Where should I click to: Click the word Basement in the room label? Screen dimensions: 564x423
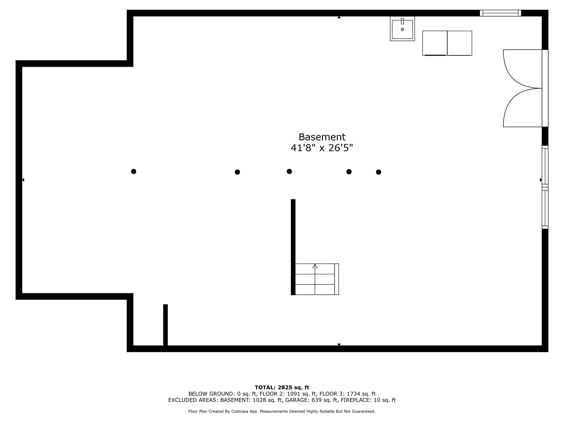pyautogui.click(x=322, y=137)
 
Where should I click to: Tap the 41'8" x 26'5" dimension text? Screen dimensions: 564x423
pyautogui.click(x=322, y=148)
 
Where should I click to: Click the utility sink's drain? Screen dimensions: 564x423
pyautogui.click(x=402, y=30)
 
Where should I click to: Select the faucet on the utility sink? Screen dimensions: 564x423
pyautogui.click(x=402, y=21)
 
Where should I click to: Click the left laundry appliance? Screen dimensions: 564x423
pyautogui.click(x=435, y=43)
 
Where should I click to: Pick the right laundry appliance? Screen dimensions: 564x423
pyautogui.click(x=459, y=43)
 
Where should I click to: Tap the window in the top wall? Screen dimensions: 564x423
pyautogui.click(x=500, y=13)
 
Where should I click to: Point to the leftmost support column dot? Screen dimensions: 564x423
pyautogui.click(x=134, y=171)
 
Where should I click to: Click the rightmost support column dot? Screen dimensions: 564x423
pyautogui.click(x=379, y=172)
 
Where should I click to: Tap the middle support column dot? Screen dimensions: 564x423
pyautogui.click(x=289, y=171)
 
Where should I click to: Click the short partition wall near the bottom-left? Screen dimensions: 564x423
pyautogui.click(x=165, y=326)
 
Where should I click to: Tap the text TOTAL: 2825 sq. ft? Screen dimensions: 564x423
pyautogui.click(x=282, y=387)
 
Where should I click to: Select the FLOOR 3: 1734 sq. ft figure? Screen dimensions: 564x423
pyautogui.click(x=348, y=394)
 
